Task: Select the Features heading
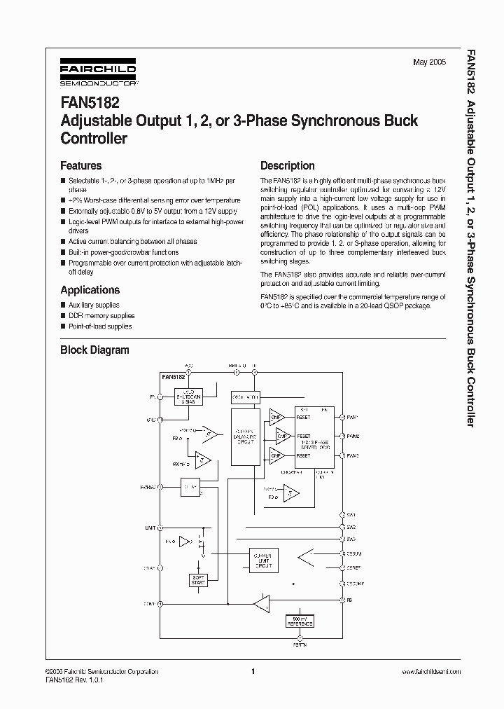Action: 80,166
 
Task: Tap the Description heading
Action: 287,166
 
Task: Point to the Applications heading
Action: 90,290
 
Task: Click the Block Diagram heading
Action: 94,350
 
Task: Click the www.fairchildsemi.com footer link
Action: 431,671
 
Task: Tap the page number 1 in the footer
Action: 253,671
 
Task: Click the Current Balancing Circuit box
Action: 244,436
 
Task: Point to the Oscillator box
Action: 245,397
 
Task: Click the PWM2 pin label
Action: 352,436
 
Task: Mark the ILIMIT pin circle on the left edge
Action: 160,528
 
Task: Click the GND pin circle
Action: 160,420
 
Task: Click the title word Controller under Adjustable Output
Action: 94,138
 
